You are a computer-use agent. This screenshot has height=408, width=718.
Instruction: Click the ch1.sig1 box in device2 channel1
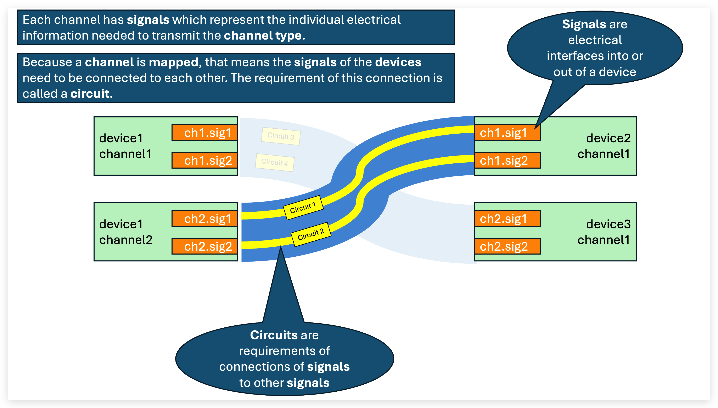pyautogui.click(x=507, y=133)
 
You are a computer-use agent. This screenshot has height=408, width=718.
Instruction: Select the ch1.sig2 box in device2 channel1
pyautogui.click(x=507, y=160)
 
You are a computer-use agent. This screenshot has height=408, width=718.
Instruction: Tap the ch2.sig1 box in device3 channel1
pyautogui.click(x=507, y=218)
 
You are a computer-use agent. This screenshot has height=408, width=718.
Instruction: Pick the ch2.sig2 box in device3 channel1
pyautogui.click(x=507, y=246)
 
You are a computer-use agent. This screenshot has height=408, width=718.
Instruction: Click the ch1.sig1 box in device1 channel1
pyautogui.click(x=205, y=133)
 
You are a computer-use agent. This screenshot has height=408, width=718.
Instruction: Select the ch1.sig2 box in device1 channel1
pyautogui.click(x=205, y=160)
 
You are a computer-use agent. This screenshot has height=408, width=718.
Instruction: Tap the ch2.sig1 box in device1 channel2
pyautogui.click(x=205, y=218)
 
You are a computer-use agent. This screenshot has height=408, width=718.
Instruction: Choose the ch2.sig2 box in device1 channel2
pyautogui.click(x=205, y=246)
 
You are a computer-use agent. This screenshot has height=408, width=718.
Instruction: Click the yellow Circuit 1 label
pyautogui.click(x=303, y=208)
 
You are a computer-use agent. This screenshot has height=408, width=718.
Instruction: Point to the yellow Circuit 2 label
pyautogui.click(x=311, y=234)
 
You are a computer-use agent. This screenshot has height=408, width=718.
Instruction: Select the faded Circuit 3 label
pyautogui.click(x=281, y=136)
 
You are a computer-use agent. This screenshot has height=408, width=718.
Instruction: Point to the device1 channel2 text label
pyautogui.click(x=126, y=232)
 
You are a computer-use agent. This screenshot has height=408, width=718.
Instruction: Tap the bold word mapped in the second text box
pyautogui.click(x=173, y=62)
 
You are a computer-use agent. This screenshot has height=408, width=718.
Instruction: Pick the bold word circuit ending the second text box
pyautogui.click(x=90, y=94)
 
